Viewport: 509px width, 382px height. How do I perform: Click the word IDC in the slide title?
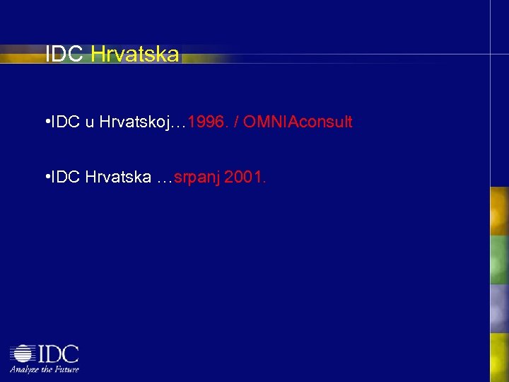point(65,54)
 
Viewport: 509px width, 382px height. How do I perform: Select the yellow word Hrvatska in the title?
point(135,54)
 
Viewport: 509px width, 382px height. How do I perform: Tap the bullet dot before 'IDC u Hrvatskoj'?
point(46,122)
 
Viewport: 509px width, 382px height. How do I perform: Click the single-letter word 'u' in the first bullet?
point(90,122)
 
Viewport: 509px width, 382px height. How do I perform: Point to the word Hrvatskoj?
point(133,122)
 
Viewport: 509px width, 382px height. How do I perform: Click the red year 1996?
point(209,122)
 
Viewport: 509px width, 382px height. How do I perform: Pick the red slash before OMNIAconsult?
point(235,122)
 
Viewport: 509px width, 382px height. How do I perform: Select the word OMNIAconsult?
point(298,122)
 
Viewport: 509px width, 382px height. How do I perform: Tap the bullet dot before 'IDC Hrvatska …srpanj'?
point(46,177)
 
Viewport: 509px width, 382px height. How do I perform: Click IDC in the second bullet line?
point(66,178)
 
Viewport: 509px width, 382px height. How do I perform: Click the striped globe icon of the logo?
point(23,354)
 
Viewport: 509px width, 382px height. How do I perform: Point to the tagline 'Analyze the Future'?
point(44,369)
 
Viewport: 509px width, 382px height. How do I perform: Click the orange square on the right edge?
point(500,211)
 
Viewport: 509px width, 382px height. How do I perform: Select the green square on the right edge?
point(500,260)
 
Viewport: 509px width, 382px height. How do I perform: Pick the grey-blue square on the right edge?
point(500,308)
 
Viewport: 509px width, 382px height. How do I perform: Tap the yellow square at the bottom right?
point(500,357)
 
